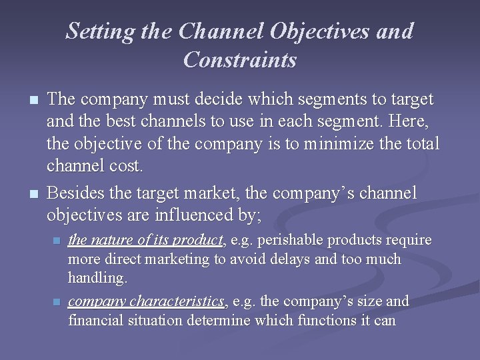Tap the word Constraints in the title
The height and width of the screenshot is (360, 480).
[x=240, y=60]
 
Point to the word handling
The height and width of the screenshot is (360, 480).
[x=97, y=277]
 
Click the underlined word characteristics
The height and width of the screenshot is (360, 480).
[x=180, y=301]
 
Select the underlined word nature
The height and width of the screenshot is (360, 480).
[x=110, y=240]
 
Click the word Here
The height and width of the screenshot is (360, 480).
[x=413, y=121]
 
